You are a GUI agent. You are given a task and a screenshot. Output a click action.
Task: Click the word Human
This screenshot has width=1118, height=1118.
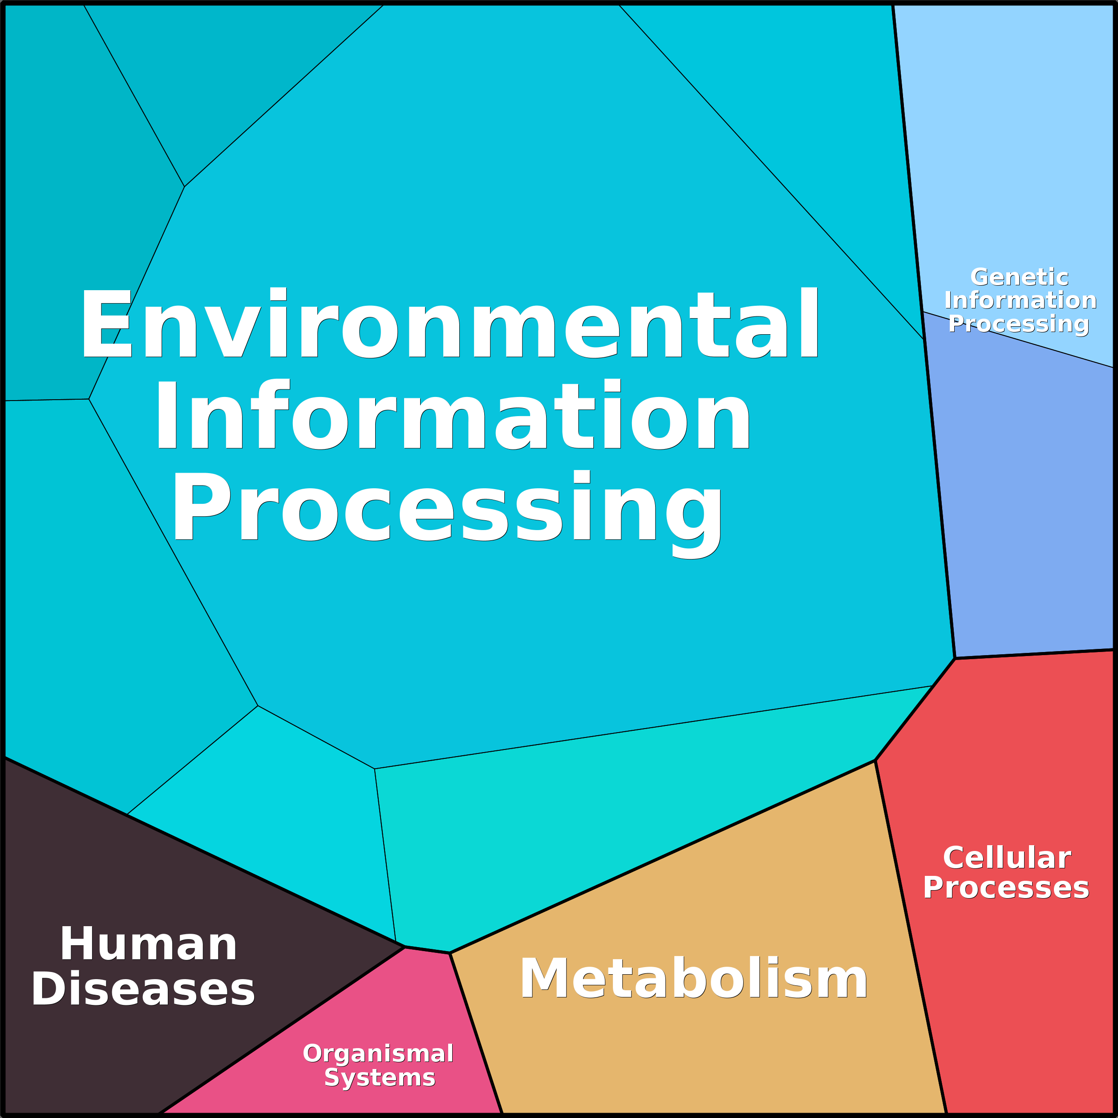click(149, 944)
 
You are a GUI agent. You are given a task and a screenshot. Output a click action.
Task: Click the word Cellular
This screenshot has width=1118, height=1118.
click(1007, 858)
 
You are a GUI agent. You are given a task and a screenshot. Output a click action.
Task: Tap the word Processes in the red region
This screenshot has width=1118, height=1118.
click(1006, 888)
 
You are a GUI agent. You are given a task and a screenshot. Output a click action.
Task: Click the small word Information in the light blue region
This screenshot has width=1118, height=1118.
click(1020, 300)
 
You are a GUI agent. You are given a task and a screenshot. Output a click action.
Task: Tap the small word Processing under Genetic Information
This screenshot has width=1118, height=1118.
click(1018, 324)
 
